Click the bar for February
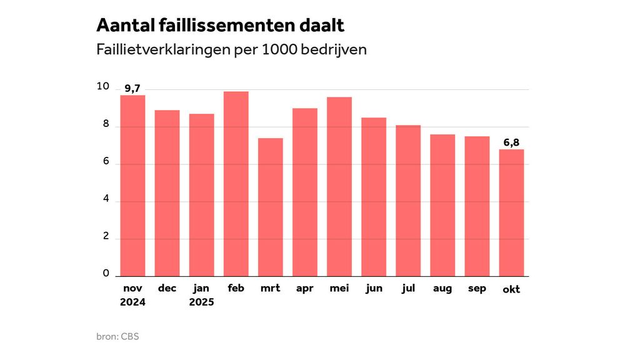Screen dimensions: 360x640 click(x=236, y=184)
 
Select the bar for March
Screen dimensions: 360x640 click(x=270, y=207)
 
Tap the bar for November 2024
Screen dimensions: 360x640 click(x=132, y=186)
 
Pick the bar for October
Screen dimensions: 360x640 click(x=511, y=212)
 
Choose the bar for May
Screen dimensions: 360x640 click(x=339, y=186)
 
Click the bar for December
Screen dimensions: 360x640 click(x=167, y=193)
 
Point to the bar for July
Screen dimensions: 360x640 click(x=408, y=201)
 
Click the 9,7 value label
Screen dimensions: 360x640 click(x=132, y=88)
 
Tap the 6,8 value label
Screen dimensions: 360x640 click(x=511, y=142)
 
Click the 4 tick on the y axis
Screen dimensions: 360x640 click(x=106, y=199)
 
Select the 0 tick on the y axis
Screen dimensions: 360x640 click(x=106, y=274)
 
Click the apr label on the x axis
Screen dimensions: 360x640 click(x=304, y=288)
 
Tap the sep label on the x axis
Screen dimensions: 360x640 click(x=477, y=288)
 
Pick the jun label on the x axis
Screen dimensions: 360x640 click(x=374, y=288)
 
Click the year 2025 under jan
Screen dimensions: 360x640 click(x=201, y=302)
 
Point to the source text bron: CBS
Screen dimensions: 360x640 click(x=117, y=337)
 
